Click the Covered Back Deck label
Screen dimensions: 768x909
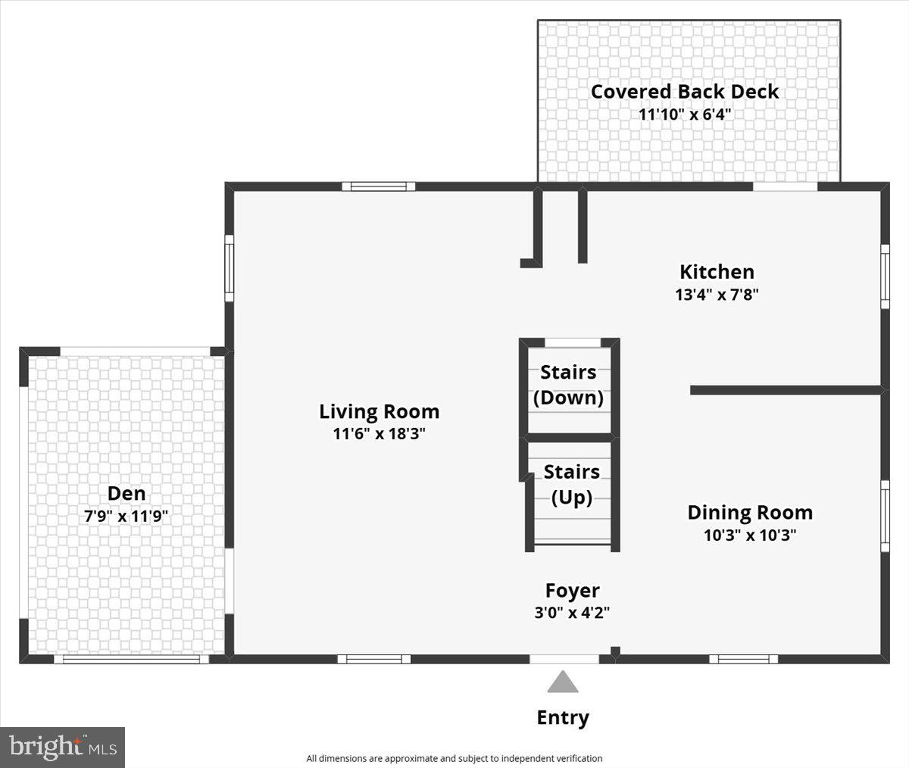pyautogui.click(x=685, y=92)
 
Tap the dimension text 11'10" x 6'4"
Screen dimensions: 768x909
pyautogui.click(x=685, y=115)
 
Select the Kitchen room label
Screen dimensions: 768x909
pyautogui.click(x=717, y=272)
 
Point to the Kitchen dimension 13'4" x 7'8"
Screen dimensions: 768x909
pyautogui.click(x=717, y=295)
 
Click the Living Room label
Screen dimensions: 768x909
pyautogui.click(x=379, y=411)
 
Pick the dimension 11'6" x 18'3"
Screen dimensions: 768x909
pyautogui.click(x=379, y=434)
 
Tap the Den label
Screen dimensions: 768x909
pyautogui.click(x=127, y=494)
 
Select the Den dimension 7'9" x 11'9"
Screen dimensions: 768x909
pyautogui.click(x=127, y=517)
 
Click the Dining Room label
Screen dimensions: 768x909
pyautogui.click(x=750, y=513)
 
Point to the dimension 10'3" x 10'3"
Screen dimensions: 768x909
pyautogui.click(x=750, y=535)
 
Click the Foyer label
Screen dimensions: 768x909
pyautogui.click(x=573, y=591)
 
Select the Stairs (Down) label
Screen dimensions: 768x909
pyautogui.click(x=568, y=385)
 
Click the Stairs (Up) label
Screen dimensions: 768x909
pyautogui.click(x=571, y=485)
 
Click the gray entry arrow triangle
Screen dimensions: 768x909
pyautogui.click(x=563, y=684)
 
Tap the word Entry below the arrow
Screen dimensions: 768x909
pyautogui.click(x=563, y=718)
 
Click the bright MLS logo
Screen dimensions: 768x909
pyautogui.click(x=62, y=748)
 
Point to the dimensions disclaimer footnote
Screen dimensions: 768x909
pyautogui.click(x=454, y=758)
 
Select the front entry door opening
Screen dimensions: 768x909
pyautogui.click(x=564, y=659)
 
